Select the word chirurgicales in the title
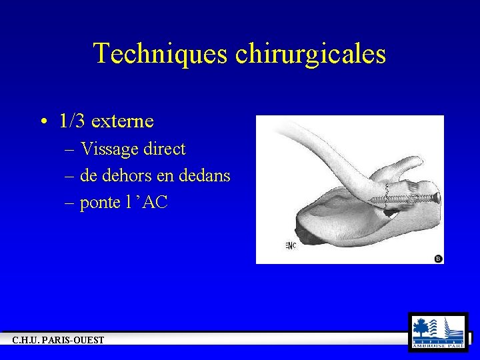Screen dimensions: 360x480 pos(311,53)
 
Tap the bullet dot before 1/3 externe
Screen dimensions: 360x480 pos(43,122)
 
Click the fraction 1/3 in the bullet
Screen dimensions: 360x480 pos(72,121)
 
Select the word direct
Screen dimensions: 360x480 pos(164,149)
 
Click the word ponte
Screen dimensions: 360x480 pos(100,203)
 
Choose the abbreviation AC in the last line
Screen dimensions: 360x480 pos(155,203)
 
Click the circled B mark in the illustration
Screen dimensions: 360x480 pos(438,258)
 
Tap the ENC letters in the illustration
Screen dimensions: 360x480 pos(291,245)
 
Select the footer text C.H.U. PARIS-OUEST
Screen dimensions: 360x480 pos(59,341)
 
